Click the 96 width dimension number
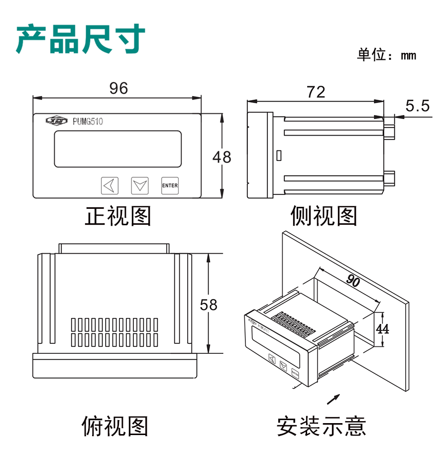(118, 88)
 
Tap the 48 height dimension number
(222, 157)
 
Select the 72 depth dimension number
(316, 92)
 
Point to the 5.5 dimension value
(417, 106)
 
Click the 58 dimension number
(209, 305)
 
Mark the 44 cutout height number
(382, 329)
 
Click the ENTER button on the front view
(170, 185)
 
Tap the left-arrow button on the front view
(110, 185)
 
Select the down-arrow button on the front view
(140, 185)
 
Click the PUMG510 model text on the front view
(88, 121)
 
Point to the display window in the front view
(117, 149)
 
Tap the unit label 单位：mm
(386, 55)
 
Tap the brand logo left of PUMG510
(55, 121)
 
